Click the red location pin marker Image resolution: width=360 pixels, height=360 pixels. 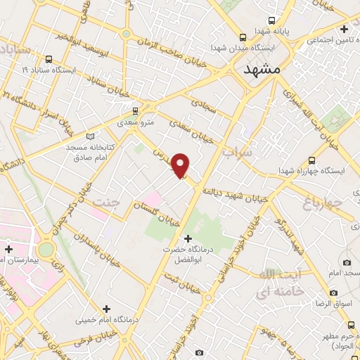coord(181,165)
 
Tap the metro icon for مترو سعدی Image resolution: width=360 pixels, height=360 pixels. coord(135,110)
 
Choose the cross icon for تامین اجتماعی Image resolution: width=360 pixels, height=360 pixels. coord(343,30)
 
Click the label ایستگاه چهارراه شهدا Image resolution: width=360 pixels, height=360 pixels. coord(313,170)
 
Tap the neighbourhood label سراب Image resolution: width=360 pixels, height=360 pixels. coord(237,152)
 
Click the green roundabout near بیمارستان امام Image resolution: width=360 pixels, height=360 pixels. coord(46,249)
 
